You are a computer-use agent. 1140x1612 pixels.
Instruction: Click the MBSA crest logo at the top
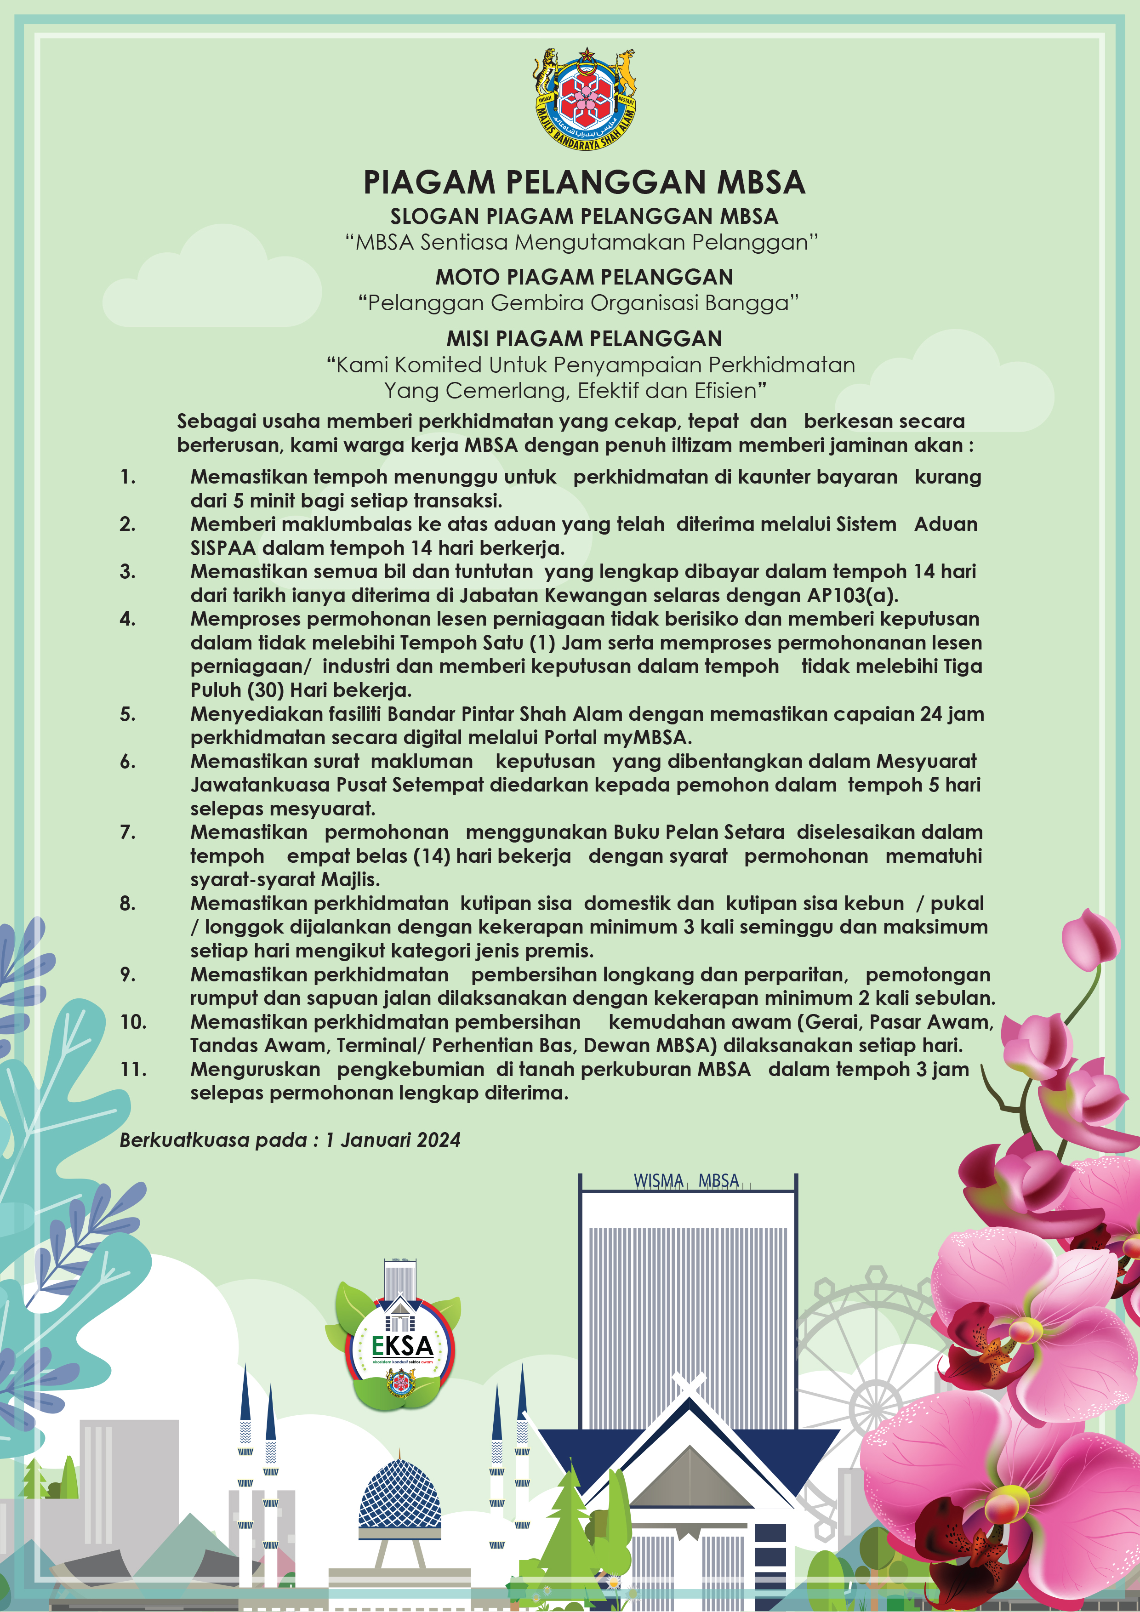pos(585,99)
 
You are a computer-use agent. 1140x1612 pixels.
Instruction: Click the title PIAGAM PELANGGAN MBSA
pos(584,182)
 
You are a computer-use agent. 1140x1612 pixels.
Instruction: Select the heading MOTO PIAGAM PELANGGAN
pos(584,277)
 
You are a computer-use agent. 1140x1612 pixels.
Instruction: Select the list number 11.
pos(133,1069)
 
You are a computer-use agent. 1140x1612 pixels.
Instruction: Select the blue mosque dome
pos(400,1495)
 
